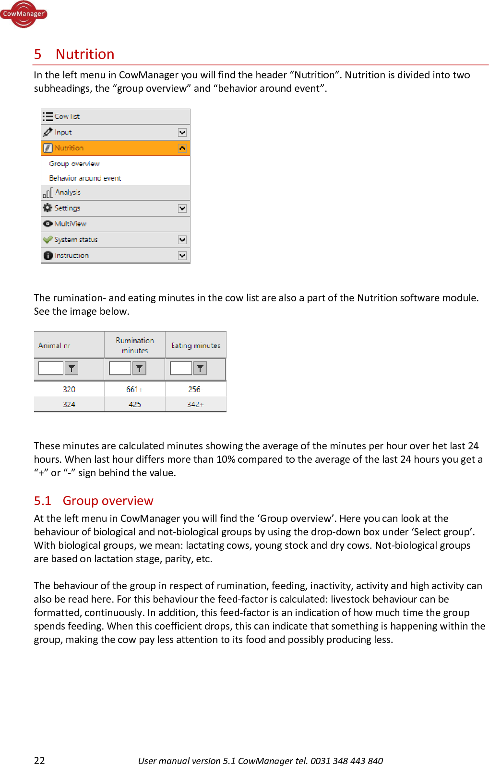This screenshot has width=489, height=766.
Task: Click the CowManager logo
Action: [24, 14]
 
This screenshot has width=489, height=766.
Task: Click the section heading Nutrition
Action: [84, 54]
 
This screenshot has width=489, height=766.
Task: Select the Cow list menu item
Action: [67, 116]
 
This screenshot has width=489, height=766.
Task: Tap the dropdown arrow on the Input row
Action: [182, 132]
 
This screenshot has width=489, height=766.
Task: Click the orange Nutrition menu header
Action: [69, 148]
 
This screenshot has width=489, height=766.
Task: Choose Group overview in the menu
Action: [74, 164]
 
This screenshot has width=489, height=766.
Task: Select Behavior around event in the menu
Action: [85, 178]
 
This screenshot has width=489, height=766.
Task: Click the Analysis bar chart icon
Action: [48, 193]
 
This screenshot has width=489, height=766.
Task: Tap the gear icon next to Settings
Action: [48, 208]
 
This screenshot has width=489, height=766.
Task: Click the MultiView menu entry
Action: [70, 224]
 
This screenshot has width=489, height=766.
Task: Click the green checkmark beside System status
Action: [48, 239]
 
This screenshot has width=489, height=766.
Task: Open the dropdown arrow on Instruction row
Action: [182, 256]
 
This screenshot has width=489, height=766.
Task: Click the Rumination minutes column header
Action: [135, 345]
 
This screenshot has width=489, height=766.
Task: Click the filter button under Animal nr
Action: [72, 369]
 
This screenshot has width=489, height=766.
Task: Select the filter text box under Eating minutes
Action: [181, 369]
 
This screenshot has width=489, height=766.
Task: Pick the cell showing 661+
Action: [134, 389]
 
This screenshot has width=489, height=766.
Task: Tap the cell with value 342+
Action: [195, 405]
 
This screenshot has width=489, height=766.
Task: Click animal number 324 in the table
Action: [69, 405]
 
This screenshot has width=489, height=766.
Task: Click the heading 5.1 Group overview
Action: [94, 501]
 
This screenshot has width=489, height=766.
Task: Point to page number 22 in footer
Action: [39, 760]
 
